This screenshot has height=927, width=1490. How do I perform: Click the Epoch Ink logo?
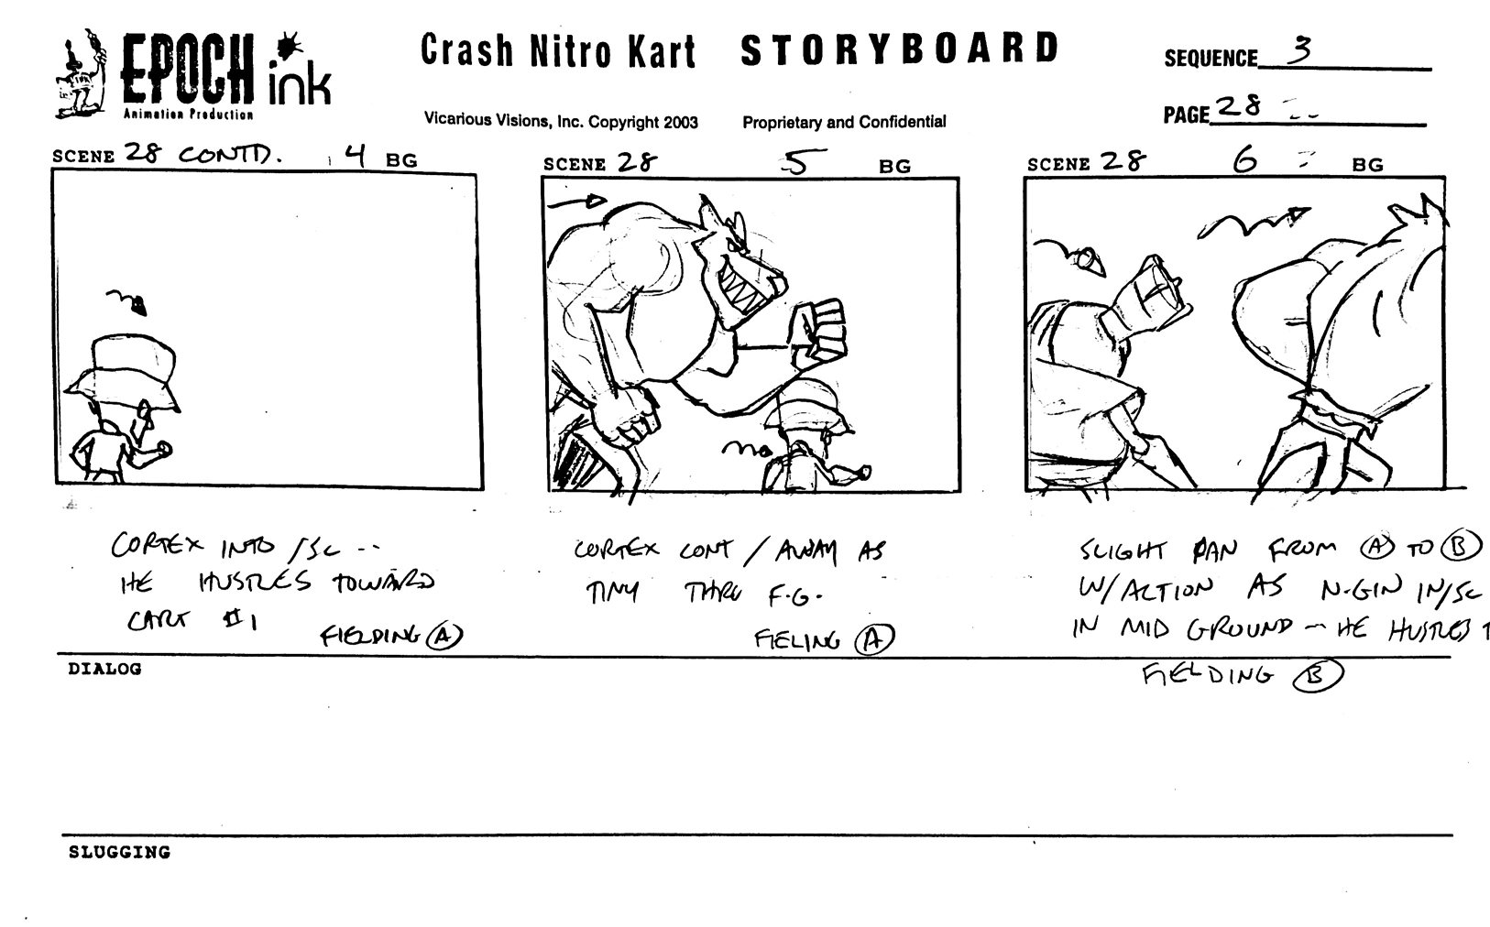192,77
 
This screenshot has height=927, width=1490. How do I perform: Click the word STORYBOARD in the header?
899,50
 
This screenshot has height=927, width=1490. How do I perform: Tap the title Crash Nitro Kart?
558,51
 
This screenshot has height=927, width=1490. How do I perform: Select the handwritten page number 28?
1239,107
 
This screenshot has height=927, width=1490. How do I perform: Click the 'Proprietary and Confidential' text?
844,122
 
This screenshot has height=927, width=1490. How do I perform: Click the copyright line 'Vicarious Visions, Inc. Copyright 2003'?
561,122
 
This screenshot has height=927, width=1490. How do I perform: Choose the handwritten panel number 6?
1245,161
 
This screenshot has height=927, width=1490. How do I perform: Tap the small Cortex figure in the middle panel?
811,440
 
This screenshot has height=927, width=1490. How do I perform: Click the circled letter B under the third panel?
1317,676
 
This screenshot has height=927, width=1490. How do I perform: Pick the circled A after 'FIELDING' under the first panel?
444,635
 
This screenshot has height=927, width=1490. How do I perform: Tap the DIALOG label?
104,669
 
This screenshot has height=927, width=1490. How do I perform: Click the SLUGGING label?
119,853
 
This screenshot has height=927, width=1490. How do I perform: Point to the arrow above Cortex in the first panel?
128,300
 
